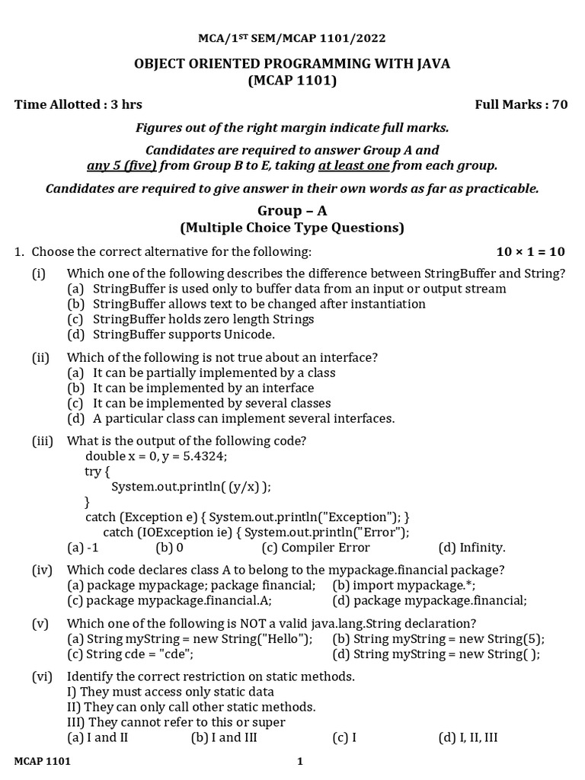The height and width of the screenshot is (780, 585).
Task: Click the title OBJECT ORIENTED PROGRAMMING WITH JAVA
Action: click(x=292, y=63)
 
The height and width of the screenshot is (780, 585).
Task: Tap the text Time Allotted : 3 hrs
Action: click(x=78, y=104)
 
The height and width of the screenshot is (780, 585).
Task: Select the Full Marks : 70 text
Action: click(x=521, y=104)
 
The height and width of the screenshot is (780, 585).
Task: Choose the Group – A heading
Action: click(x=292, y=211)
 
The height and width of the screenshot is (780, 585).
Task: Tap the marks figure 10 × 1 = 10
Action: click(x=530, y=251)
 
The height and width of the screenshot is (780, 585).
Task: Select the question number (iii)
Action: click(x=42, y=440)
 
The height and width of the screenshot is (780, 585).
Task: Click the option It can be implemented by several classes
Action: click(x=212, y=403)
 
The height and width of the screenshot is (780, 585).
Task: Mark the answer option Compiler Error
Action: click(x=325, y=547)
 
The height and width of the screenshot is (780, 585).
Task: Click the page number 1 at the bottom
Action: click(x=300, y=762)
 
